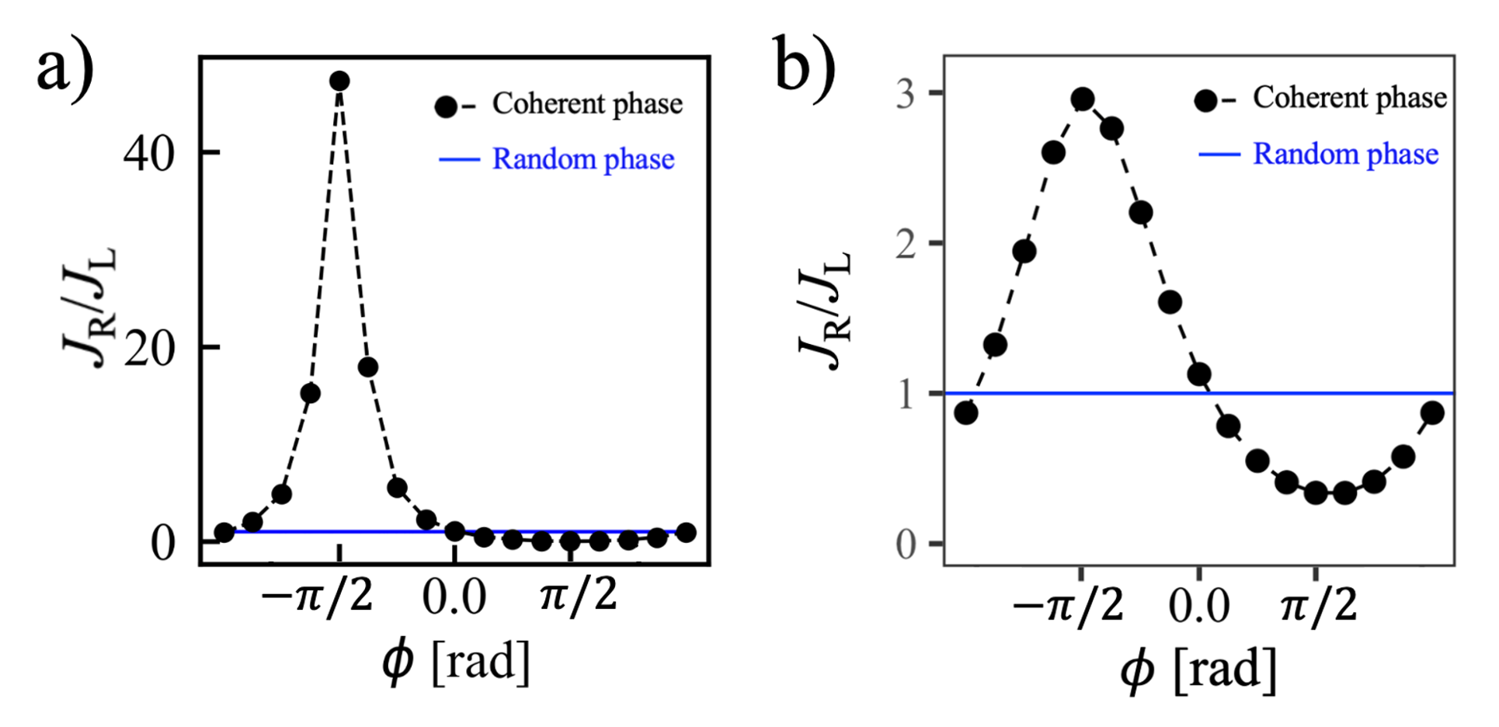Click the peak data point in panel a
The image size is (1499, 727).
tap(339, 81)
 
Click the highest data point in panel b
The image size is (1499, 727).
tap(1083, 99)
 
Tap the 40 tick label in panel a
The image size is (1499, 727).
tap(150, 154)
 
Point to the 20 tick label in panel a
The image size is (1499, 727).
tap(150, 349)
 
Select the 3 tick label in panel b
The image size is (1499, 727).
tap(906, 96)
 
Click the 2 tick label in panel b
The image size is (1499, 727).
tap(906, 245)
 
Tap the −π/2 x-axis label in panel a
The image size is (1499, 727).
tap(317, 597)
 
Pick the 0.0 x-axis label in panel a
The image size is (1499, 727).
tap(454, 597)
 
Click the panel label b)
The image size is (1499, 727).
tap(805, 67)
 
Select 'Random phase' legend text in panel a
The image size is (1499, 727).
tap(583, 159)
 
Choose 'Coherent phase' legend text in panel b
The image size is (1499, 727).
tap(1350, 98)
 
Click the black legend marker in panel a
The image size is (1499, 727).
tap(447, 107)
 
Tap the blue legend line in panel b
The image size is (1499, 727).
tap(1219, 155)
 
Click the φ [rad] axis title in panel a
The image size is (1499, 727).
tap(456, 662)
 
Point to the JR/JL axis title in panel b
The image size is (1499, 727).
tap(826, 311)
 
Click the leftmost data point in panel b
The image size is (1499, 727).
tap(966, 413)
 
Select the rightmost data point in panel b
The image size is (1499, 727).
tap(1432, 413)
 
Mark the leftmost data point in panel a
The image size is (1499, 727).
tap(224, 533)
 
